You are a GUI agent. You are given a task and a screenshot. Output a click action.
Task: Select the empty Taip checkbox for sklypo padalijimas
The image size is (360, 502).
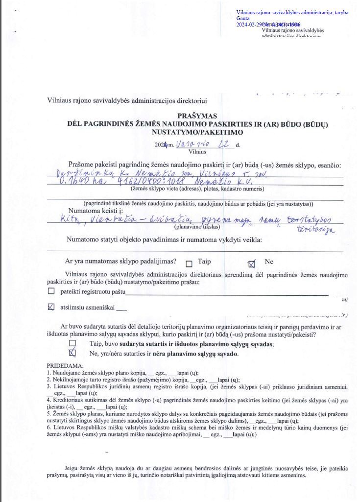click(189, 263)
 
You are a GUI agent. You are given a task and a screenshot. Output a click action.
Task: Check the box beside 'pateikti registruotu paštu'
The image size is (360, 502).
click(51, 291)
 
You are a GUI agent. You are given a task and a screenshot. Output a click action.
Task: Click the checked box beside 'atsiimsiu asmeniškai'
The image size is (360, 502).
click(51, 308)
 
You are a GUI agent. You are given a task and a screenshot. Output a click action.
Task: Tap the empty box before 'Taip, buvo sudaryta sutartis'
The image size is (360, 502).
click(73, 344)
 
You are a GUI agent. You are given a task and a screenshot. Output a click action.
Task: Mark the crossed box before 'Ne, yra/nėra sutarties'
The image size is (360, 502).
click(73, 353)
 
